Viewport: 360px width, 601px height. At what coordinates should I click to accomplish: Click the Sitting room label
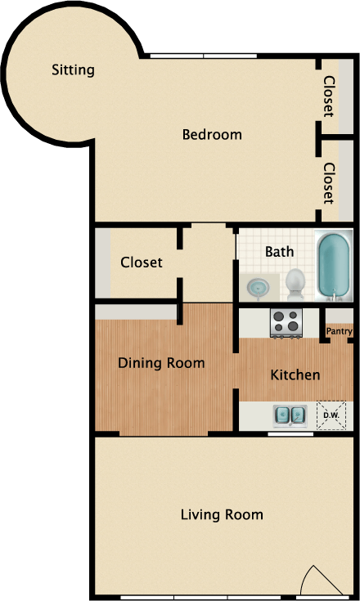click(x=73, y=70)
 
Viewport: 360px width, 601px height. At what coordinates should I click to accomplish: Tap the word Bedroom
click(x=212, y=135)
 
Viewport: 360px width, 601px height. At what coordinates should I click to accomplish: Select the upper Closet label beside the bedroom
click(x=329, y=96)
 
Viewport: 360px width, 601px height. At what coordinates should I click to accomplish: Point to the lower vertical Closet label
click(x=329, y=183)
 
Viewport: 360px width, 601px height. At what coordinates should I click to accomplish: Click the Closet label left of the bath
click(x=141, y=262)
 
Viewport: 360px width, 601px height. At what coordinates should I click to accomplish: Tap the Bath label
click(x=279, y=252)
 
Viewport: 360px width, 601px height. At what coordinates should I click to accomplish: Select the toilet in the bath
click(x=295, y=283)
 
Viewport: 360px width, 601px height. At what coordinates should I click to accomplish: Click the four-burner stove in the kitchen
click(x=286, y=323)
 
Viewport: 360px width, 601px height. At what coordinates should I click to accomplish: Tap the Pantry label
click(x=339, y=331)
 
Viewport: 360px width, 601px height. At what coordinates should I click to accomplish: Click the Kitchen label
click(x=295, y=375)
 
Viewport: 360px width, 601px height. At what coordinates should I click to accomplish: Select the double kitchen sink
click(x=290, y=415)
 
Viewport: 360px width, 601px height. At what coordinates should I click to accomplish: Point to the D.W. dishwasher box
click(x=331, y=415)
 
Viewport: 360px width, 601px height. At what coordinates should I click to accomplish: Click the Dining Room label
click(x=161, y=363)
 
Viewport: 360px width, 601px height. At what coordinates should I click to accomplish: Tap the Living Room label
click(x=222, y=514)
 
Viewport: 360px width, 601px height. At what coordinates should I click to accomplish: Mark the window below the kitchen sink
click(x=290, y=433)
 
